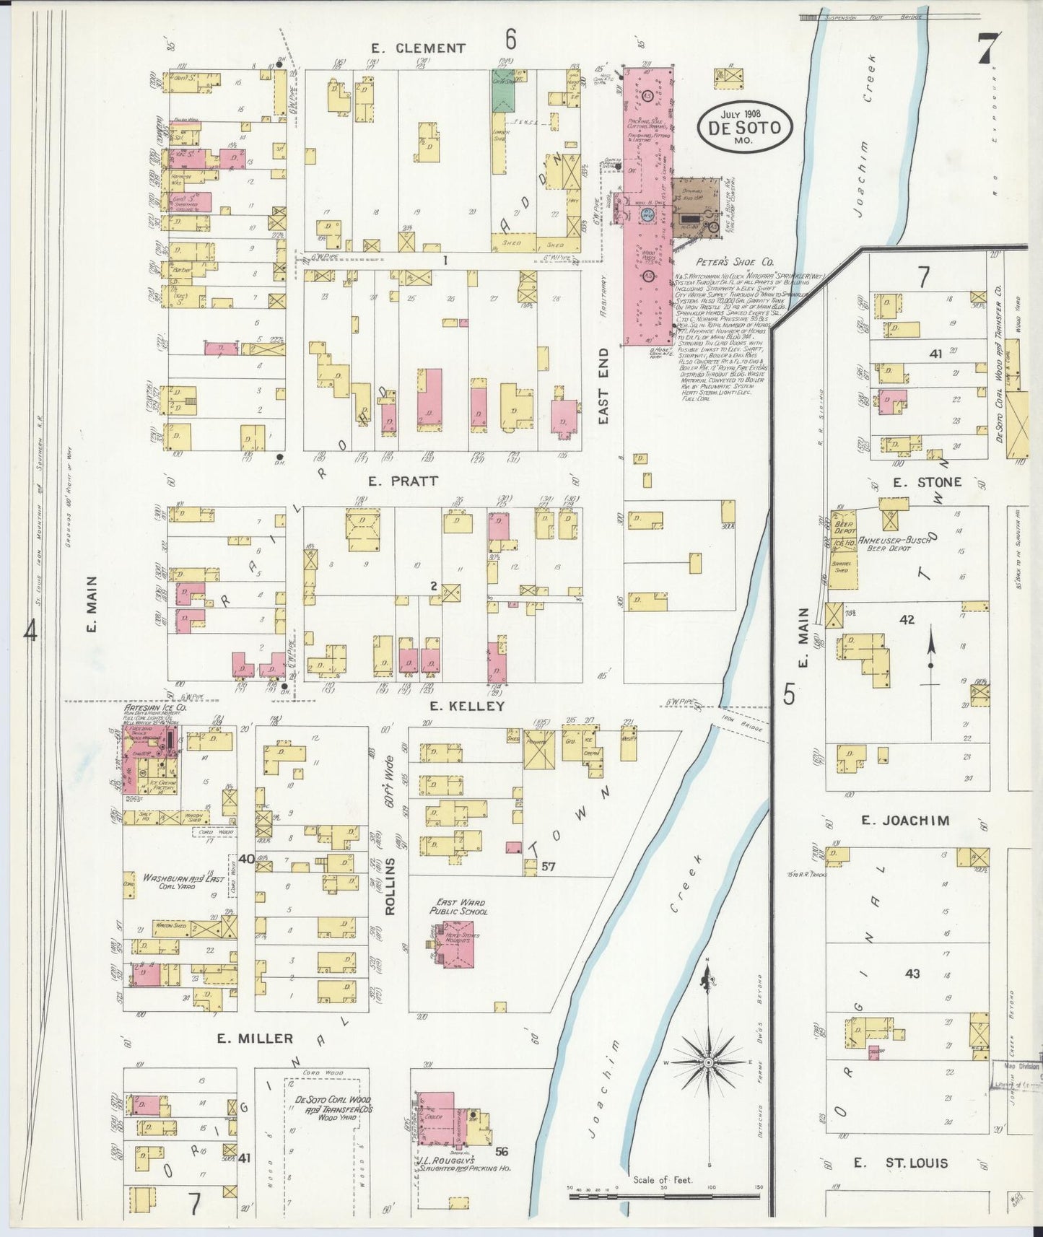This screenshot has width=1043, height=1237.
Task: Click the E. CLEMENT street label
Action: tap(419, 48)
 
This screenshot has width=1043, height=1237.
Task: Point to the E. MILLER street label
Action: tap(256, 1039)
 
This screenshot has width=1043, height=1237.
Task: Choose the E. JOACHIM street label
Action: tap(905, 821)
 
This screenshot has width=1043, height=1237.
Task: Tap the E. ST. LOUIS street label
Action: tap(901, 1163)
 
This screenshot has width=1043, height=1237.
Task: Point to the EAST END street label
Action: tap(604, 386)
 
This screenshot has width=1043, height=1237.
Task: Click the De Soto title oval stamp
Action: tap(744, 127)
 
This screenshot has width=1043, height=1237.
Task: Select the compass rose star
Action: tap(709, 1062)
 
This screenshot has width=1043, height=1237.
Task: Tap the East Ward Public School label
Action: tap(458, 907)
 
